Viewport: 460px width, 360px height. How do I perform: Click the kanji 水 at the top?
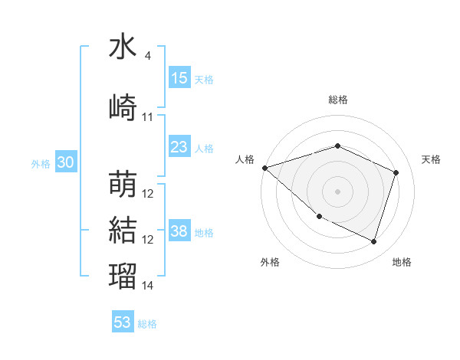coord(123,47)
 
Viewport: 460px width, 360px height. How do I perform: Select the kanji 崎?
coord(123,107)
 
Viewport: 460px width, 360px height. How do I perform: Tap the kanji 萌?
coord(123,185)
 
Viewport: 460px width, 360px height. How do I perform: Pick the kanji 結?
coord(123,229)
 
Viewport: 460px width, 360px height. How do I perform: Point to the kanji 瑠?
coord(123,276)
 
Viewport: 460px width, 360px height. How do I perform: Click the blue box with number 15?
coord(179,78)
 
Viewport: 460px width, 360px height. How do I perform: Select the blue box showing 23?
coord(179,147)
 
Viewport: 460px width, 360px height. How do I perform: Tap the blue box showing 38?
coord(179,232)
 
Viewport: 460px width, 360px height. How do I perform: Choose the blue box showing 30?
coord(66,162)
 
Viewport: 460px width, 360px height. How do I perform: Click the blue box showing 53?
coord(123,322)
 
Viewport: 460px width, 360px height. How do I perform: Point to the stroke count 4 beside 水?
coord(148,56)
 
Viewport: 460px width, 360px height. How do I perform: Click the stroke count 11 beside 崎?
coord(148,117)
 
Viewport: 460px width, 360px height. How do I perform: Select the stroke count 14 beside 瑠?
coord(148,286)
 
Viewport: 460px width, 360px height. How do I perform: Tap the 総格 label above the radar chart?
coord(337,100)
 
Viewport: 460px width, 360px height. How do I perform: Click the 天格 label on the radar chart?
coord(431,159)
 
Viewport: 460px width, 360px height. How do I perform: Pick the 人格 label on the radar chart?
coord(245,159)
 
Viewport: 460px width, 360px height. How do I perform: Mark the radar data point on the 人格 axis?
coord(264,168)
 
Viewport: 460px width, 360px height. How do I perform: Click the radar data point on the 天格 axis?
coord(396,172)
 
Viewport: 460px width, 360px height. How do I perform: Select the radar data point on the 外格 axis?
coord(319,217)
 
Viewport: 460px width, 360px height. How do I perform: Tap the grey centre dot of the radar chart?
coord(337,191)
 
